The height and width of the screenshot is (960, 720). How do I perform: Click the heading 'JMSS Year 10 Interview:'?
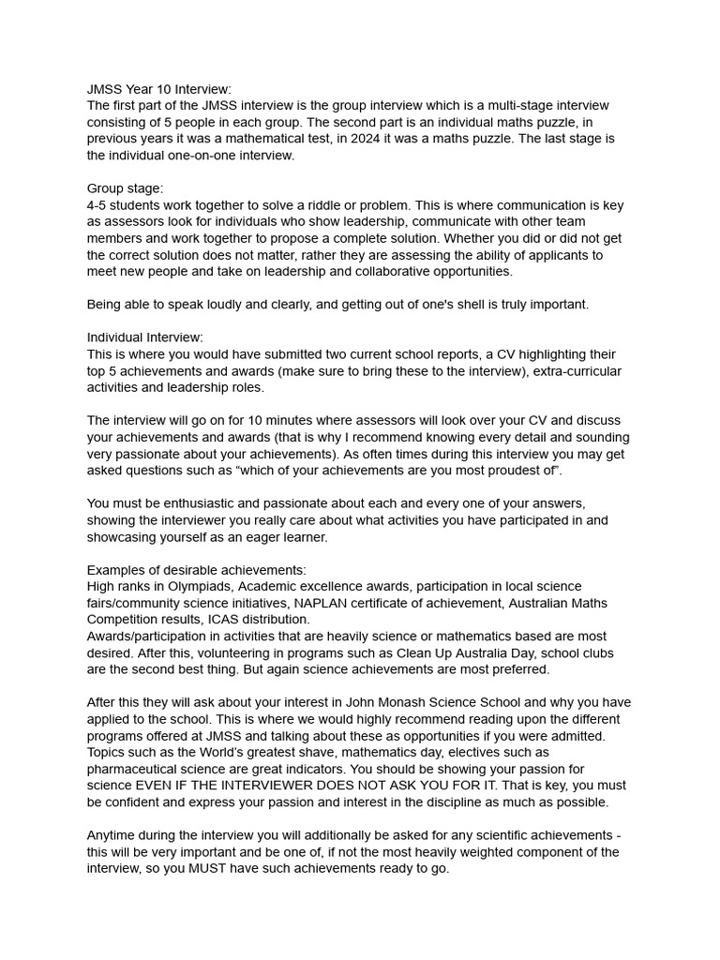pyautogui.click(x=159, y=88)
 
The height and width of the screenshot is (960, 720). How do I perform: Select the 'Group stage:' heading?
pyautogui.click(x=125, y=188)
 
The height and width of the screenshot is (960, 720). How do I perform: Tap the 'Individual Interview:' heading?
pyautogui.click(x=145, y=337)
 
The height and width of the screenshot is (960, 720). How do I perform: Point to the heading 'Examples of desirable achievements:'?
pyautogui.click(x=197, y=570)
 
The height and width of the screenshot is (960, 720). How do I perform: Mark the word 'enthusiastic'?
pyautogui.click(x=204, y=503)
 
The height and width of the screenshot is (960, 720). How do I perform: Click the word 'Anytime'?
pyautogui.click(x=113, y=835)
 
